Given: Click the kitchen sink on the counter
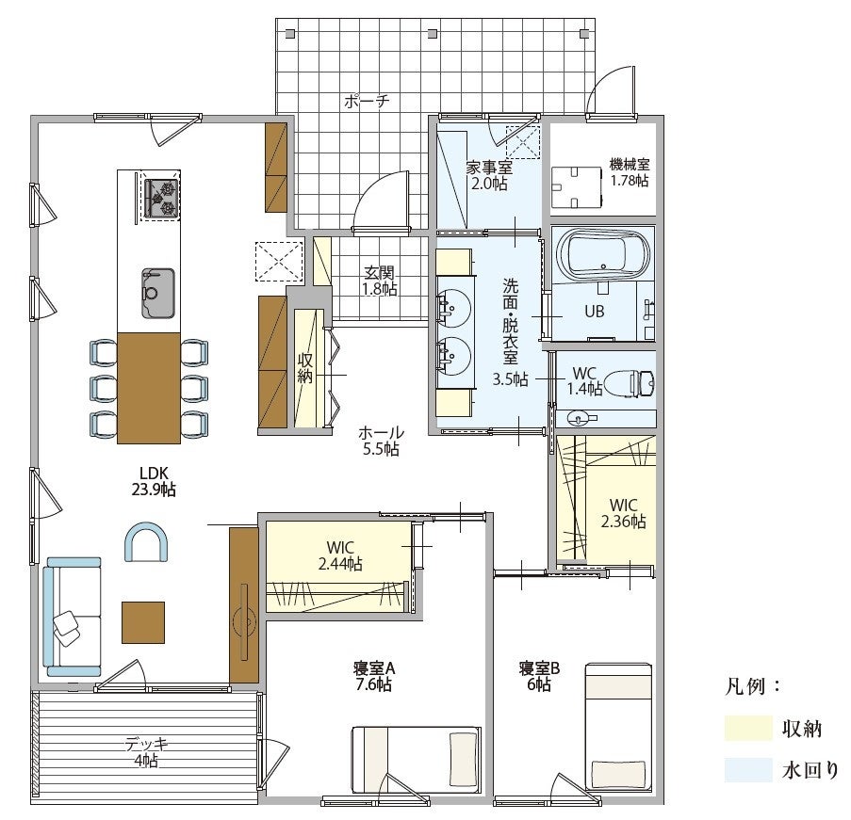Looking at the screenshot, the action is click(158, 293).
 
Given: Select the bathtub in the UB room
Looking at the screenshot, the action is click(603, 255).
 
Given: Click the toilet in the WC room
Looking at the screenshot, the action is click(629, 384).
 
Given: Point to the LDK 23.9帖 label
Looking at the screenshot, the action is click(154, 481).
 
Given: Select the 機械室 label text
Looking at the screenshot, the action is click(630, 164).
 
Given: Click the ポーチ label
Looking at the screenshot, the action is click(367, 101).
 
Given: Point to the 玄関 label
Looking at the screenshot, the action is click(379, 272).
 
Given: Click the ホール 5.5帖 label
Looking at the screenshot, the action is click(381, 441).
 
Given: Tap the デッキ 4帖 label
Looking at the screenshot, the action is click(146, 752).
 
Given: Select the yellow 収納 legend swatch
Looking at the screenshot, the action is click(748, 728).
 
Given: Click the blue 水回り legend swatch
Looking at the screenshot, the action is click(748, 770).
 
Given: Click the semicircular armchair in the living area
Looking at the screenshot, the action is click(146, 541).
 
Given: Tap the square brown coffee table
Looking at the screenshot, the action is click(143, 622).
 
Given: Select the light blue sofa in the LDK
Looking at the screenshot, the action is click(73, 617).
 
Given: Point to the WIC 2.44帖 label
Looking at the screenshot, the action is click(341, 555).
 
